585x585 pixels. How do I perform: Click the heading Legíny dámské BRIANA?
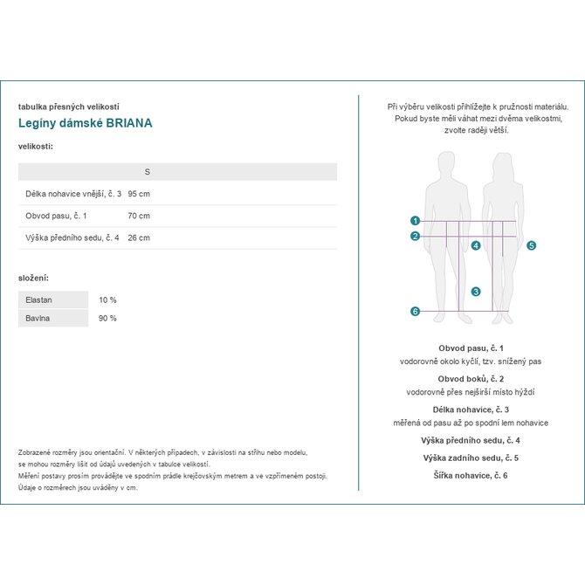[86, 123]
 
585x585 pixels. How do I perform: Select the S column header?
[147, 172]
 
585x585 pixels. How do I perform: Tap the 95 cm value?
[139, 194]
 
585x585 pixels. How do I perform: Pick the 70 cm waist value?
[139, 216]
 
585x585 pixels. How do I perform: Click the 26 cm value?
[139, 237]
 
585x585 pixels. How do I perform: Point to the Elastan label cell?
[39, 300]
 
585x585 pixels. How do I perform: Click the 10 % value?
[107, 300]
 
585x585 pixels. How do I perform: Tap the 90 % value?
[107, 319]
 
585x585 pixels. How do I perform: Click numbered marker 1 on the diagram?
[416, 222]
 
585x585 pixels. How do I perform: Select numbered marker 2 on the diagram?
[416, 236]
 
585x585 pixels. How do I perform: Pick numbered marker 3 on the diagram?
[476, 292]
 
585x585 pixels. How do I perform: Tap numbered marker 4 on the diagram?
[476, 246]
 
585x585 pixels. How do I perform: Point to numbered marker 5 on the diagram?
[531, 246]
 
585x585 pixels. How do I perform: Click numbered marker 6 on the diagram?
[416, 312]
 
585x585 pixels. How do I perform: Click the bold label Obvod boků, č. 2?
[471, 379]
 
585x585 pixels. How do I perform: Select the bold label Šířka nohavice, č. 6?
[471, 475]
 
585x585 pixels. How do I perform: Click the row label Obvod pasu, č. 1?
[57, 216]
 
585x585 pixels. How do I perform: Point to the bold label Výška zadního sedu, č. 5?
[471, 458]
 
